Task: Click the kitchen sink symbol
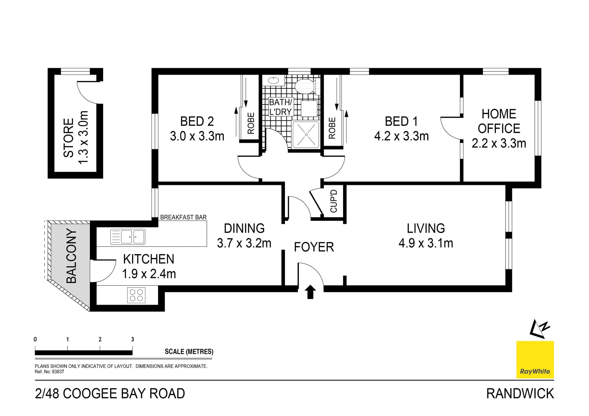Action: coord(128,237)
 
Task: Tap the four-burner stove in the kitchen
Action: coord(136,295)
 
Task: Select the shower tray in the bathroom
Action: coord(306,135)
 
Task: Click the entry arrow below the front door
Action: coord(310,292)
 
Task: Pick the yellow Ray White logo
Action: coord(535,359)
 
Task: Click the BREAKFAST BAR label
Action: coord(183,217)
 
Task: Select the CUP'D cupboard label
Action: coord(334,201)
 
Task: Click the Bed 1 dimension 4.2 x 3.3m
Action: coord(401,136)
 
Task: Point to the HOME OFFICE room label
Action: coord(499,121)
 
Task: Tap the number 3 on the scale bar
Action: coord(133,339)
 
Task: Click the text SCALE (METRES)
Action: coord(189,352)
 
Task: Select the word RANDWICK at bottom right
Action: coord(520,394)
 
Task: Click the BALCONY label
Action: coord(71,256)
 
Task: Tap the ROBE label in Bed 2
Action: coord(251,123)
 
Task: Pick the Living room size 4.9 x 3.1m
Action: coord(425,243)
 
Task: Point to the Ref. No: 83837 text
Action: coord(49,372)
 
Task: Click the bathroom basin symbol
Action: coord(273,81)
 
